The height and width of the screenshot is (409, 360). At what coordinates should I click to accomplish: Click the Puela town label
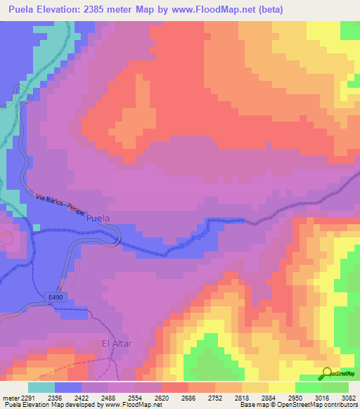pos(98,219)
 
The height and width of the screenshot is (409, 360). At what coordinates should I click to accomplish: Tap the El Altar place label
pos(117,344)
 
